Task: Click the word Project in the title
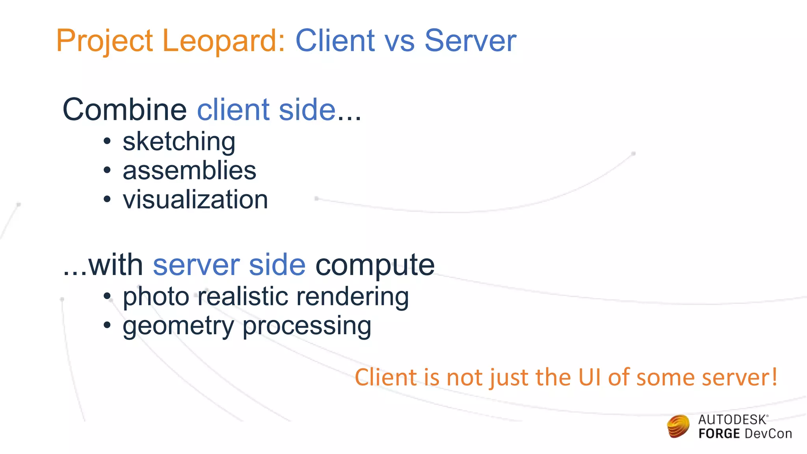104,41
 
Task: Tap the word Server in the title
470,41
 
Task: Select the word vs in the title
399,41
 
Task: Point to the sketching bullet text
179,142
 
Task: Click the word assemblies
189,171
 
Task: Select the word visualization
195,200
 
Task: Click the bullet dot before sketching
107,141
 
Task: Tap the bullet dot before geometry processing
107,326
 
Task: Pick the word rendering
352,297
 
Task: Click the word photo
156,297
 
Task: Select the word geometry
179,326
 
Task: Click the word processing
307,326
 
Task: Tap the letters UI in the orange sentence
589,377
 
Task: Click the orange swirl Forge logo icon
678,426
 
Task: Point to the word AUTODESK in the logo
732,420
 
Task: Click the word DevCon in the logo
768,434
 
